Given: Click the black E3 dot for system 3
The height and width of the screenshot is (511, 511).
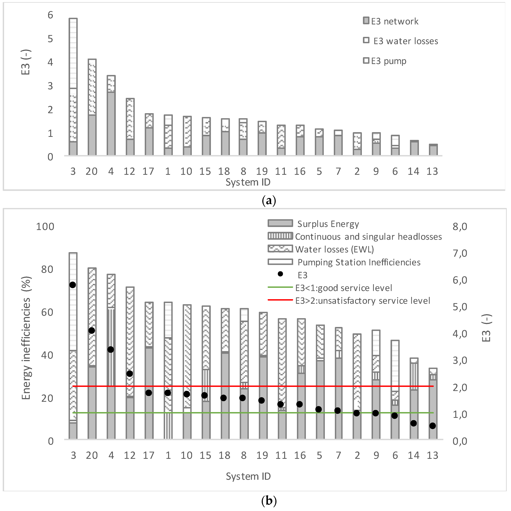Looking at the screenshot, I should coord(73,285).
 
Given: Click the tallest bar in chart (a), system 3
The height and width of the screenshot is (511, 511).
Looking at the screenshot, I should coord(73,87).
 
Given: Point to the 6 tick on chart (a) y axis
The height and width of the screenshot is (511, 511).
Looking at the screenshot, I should coord(50,15).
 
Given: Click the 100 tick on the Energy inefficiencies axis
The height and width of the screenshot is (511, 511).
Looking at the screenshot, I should coord(45,227).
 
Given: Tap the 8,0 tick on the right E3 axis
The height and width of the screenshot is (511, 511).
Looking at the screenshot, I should coord(460,227).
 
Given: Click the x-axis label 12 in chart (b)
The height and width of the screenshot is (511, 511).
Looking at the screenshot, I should coord(130,455).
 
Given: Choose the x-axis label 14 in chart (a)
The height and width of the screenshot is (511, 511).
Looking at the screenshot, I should coord(413,172).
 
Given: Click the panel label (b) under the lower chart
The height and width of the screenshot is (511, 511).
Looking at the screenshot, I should coord(269,501).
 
